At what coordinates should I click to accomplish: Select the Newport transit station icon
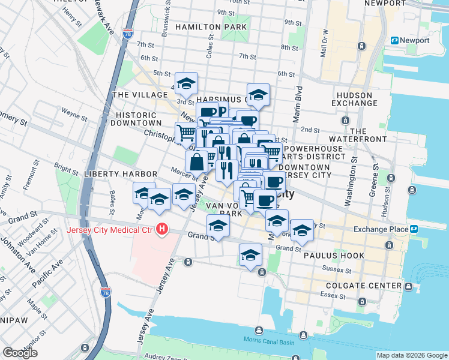point(395,40)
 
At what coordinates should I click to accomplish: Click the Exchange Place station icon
point(414,229)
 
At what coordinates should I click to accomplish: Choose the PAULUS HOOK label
point(334,256)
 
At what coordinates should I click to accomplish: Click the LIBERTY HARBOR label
point(120,173)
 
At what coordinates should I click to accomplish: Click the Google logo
point(20,352)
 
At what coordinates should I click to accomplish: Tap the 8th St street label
point(289,47)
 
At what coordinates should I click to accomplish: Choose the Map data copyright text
point(411,355)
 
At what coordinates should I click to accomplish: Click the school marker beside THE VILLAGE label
point(186,82)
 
